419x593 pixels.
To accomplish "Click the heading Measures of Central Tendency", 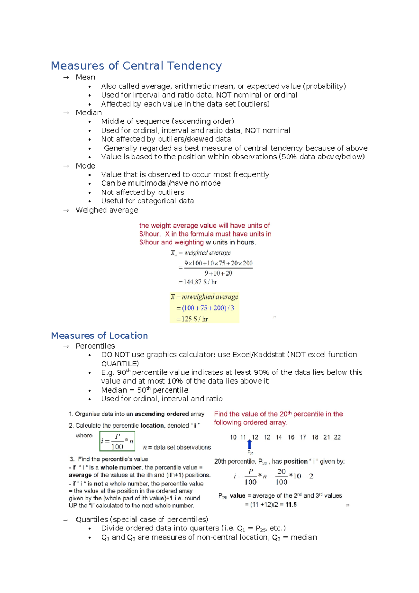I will click(x=136, y=66).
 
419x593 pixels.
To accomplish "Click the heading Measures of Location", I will click(x=99, y=336).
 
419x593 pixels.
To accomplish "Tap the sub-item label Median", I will click(x=89, y=113).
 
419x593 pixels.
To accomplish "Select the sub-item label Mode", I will click(x=85, y=166).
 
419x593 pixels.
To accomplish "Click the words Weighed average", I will click(x=107, y=210).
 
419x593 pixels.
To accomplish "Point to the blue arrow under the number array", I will click(x=250, y=444).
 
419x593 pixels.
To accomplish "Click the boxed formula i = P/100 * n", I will click(x=117, y=441).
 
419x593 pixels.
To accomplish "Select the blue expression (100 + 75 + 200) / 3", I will click(x=208, y=308).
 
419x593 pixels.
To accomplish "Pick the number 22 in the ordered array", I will click(x=337, y=437).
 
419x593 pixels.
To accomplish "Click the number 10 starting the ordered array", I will click(x=233, y=437).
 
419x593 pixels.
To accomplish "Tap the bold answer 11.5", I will click(x=291, y=505).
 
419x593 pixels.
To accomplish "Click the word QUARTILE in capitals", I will click(x=120, y=364).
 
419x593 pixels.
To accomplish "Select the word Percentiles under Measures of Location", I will click(x=95, y=346).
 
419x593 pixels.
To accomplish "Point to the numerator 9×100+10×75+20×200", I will click(x=219, y=263).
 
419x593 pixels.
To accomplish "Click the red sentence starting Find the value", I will click(x=278, y=418).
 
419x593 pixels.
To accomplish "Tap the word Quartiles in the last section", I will click(x=92, y=519).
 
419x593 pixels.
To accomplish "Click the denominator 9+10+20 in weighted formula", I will click(x=219, y=273).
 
